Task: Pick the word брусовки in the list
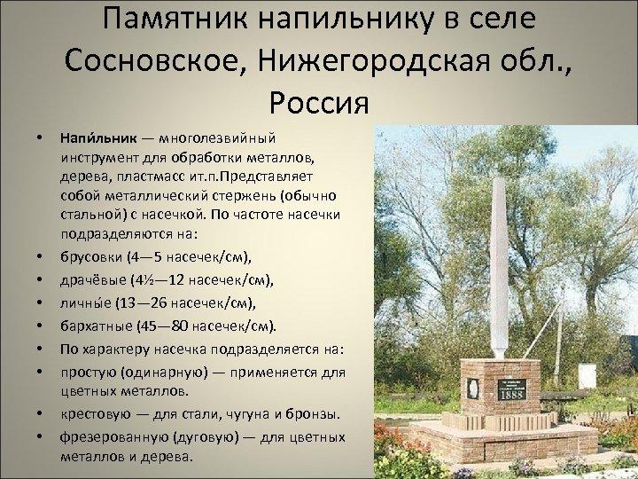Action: tap(91, 258)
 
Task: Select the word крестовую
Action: tap(95, 414)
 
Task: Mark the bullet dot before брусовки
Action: tap(40, 258)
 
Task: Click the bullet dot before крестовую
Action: tap(40, 414)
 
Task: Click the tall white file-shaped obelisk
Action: tap(496, 257)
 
